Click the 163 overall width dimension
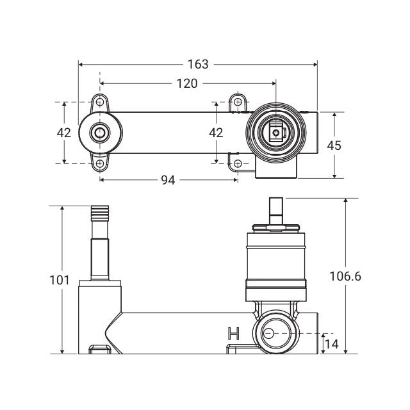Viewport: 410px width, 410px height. pyautogui.click(x=199, y=64)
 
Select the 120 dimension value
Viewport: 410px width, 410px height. pyautogui.click(x=187, y=83)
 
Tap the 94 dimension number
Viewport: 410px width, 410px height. pyautogui.click(x=168, y=180)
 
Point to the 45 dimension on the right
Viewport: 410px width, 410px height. pyautogui.click(x=334, y=145)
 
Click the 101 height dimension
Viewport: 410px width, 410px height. pyautogui.click(x=60, y=280)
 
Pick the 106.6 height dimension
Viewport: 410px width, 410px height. pyautogui.click(x=346, y=276)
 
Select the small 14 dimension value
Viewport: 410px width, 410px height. pyautogui.click(x=331, y=344)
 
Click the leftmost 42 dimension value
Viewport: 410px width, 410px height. pyautogui.click(x=64, y=133)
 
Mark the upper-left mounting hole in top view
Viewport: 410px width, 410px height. pyautogui.click(x=100, y=102)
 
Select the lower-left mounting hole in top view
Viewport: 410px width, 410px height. pyautogui.click(x=100, y=163)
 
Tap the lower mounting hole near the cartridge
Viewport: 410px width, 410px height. pyautogui.click(x=238, y=164)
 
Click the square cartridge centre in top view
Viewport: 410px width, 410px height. pyautogui.click(x=275, y=133)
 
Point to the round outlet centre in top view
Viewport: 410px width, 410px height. pyautogui.click(x=100, y=133)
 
